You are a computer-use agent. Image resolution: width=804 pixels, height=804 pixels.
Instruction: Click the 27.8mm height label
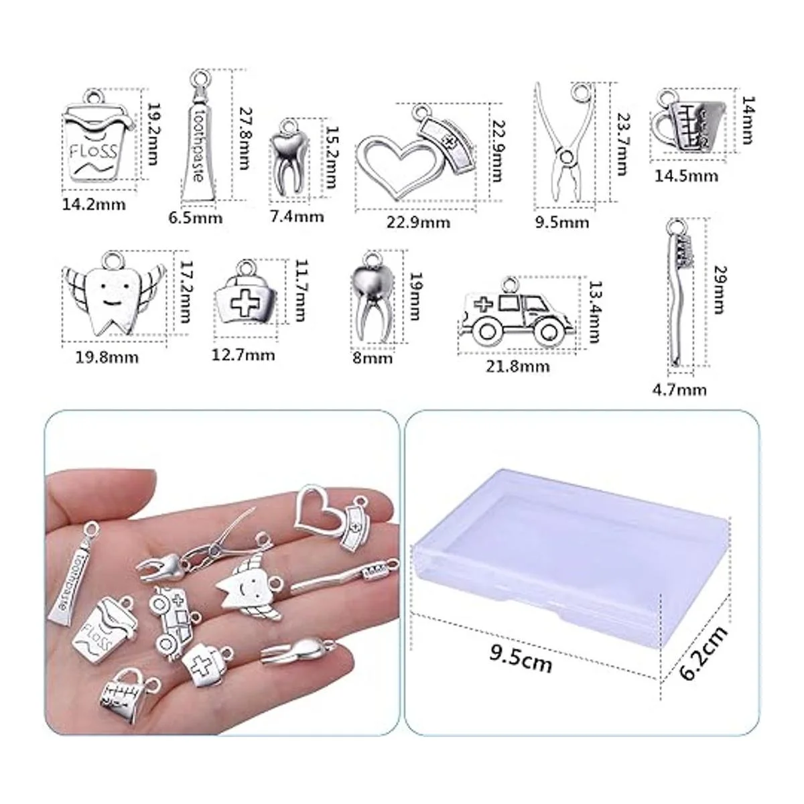tap(244, 138)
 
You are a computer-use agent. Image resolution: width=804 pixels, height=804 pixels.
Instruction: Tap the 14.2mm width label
tap(94, 205)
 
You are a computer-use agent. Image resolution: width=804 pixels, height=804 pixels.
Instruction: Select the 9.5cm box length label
tap(521, 661)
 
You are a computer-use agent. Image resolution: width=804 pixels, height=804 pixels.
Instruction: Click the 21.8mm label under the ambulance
tap(517, 366)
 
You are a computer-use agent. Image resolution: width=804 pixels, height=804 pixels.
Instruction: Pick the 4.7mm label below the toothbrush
tap(679, 390)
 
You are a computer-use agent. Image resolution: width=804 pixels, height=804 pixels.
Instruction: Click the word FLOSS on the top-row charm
tap(92, 151)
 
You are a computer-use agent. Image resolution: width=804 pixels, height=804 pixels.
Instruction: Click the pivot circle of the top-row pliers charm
tap(566, 157)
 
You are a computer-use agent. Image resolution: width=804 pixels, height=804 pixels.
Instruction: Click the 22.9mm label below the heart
tap(418, 222)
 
